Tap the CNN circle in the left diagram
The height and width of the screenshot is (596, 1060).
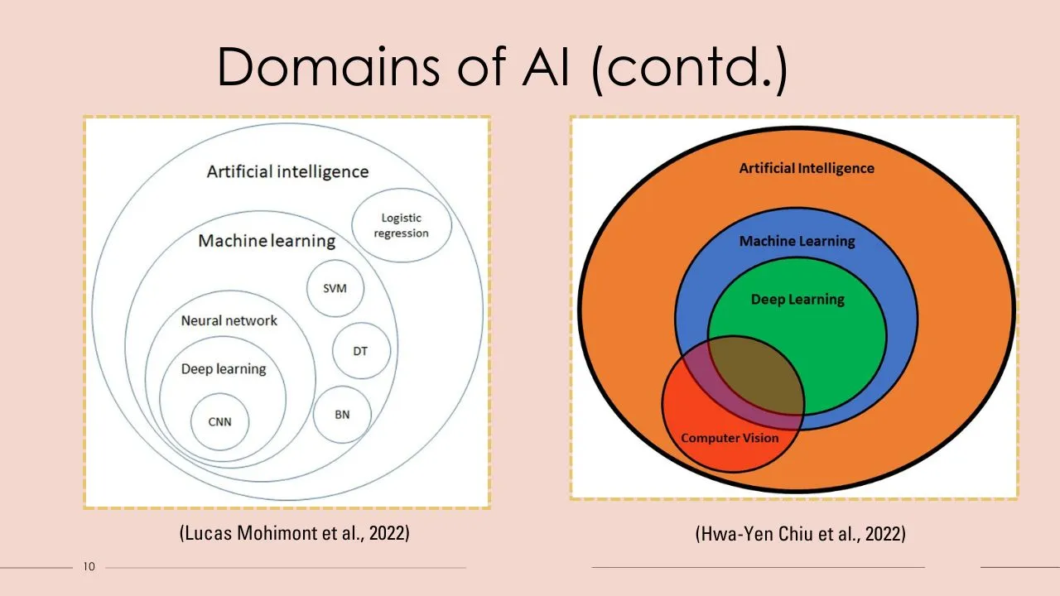[219, 421]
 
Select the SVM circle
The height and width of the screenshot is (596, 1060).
[335, 289]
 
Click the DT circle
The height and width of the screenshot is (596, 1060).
[360, 351]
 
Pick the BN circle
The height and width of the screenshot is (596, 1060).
[342, 414]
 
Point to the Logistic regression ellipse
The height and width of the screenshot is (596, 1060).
[402, 225]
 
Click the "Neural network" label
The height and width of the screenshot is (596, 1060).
[229, 320]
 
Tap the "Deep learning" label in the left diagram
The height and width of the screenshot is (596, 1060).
[224, 368]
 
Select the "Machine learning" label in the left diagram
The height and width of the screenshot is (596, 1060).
[267, 241]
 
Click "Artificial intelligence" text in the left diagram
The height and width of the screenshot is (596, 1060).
[287, 172]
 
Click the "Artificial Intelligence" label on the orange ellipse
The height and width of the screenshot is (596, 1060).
[807, 168]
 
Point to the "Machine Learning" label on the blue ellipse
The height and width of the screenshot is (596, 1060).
[797, 241]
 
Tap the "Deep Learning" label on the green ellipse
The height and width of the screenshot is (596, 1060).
[797, 299]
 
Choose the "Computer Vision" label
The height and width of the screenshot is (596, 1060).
[730, 437]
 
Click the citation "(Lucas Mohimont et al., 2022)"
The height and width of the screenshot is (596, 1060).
[295, 533]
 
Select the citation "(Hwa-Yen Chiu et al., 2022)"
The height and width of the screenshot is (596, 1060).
[800, 534]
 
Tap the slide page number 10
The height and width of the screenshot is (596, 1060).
[89, 567]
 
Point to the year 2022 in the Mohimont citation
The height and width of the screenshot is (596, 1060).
[388, 533]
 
